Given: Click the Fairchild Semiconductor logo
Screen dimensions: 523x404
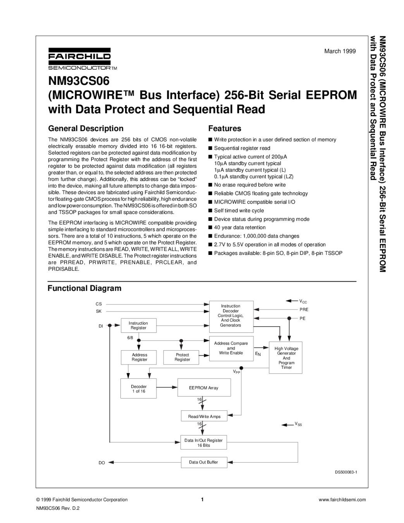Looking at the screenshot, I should [x=79, y=59].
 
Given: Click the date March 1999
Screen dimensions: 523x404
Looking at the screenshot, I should [x=340, y=51].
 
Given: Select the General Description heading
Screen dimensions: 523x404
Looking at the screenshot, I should [x=86, y=129].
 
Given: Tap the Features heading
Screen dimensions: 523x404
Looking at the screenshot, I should [x=225, y=129].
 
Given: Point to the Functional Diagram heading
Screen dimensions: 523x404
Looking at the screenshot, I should [x=84, y=288].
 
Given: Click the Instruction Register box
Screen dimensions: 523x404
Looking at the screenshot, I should [x=138, y=325].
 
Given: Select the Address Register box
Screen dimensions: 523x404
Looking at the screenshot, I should [x=139, y=357].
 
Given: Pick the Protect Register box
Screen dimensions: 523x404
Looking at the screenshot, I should [x=182, y=357].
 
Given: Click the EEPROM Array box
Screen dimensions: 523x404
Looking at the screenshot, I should [x=203, y=388].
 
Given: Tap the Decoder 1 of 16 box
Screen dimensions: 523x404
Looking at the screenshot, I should [x=139, y=389].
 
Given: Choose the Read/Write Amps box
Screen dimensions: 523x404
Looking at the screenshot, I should [x=204, y=416].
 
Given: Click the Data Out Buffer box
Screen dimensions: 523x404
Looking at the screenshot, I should [x=203, y=462].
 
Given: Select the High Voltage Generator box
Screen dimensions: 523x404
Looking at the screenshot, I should [x=286, y=358].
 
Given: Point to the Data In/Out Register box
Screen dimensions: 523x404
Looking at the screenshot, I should [x=203, y=443].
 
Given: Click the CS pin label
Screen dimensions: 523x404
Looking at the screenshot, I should [x=98, y=304].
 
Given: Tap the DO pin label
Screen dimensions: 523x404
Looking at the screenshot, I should [x=101, y=463].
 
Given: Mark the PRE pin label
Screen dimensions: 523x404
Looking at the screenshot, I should [x=304, y=310].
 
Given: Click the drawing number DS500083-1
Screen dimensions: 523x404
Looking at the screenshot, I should [x=346, y=472].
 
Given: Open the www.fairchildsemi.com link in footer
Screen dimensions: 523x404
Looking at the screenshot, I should [x=342, y=500].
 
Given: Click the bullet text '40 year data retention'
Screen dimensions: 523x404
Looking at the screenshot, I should [x=240, y=227].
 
